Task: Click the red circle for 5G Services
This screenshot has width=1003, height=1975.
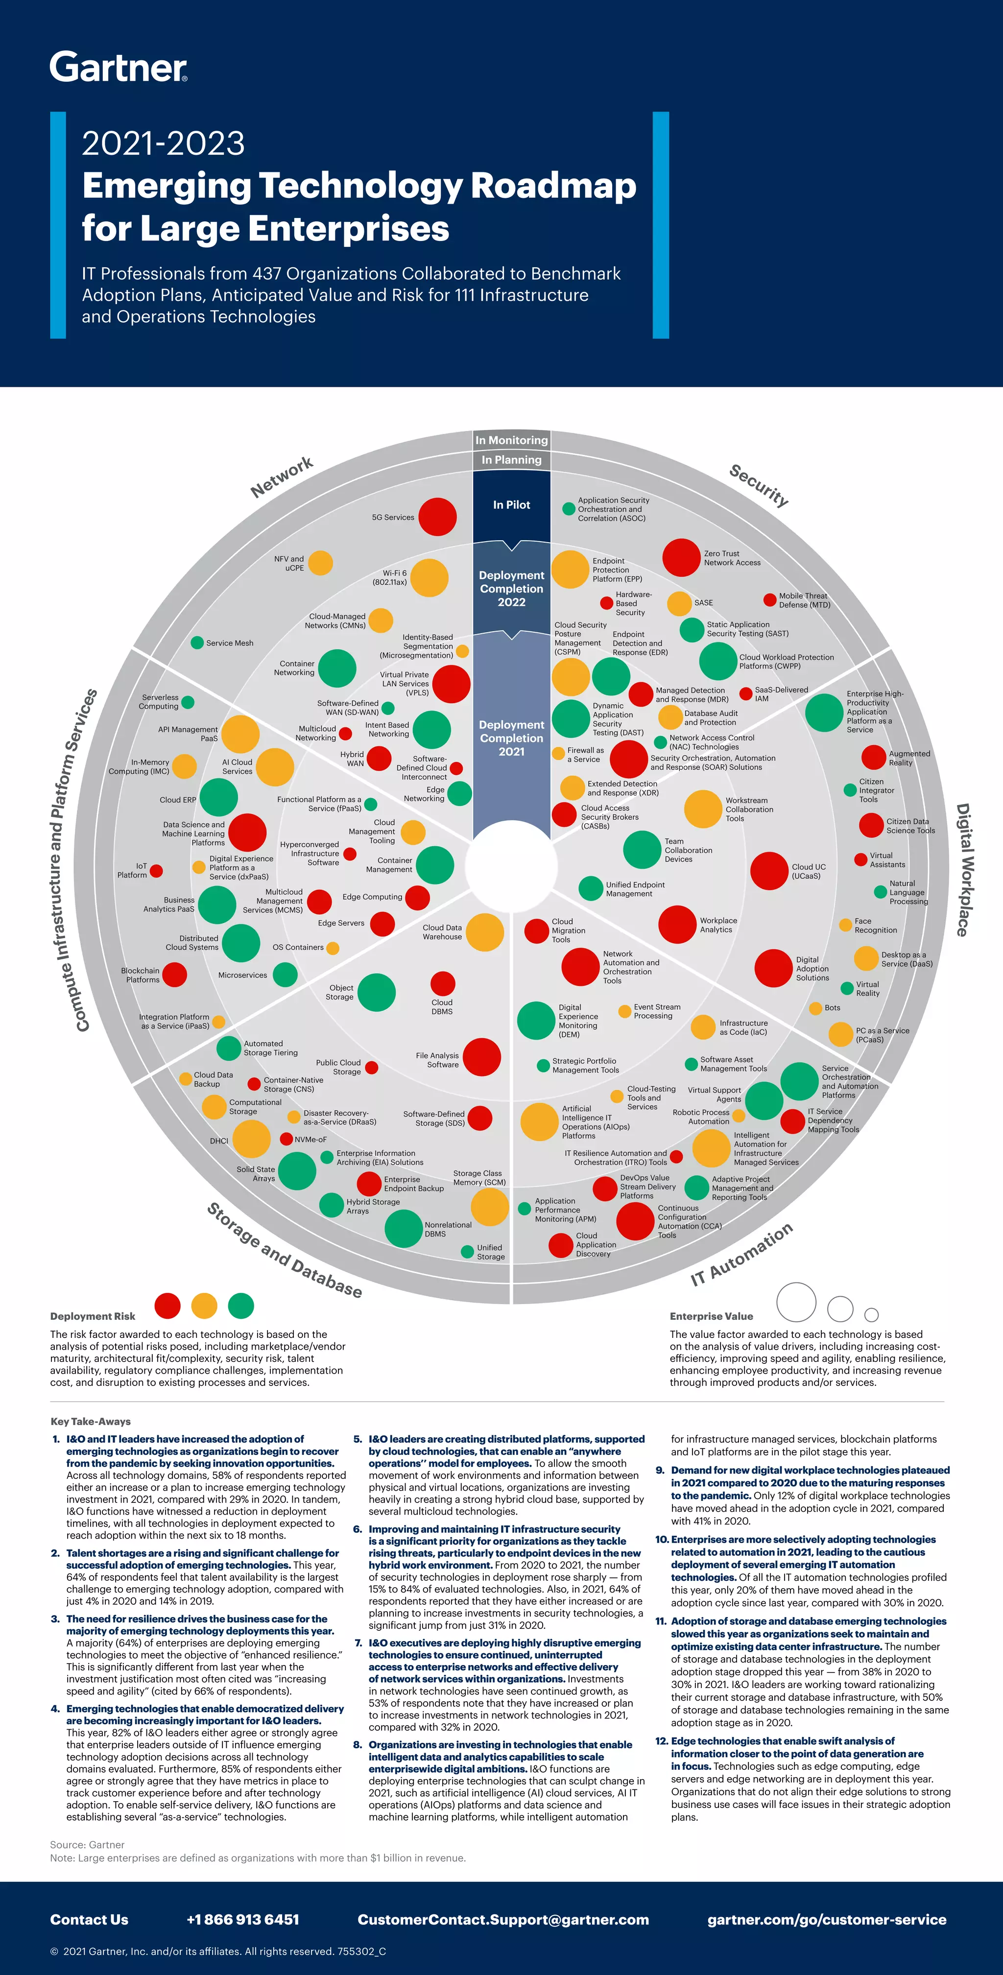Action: coord(437,517)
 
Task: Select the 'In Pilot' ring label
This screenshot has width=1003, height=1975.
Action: coord(511,504)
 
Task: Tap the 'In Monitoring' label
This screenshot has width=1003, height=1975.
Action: coord(511,440)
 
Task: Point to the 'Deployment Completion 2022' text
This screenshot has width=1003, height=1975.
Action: coord(511,589)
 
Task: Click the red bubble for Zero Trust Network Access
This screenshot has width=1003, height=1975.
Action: coord(681,557)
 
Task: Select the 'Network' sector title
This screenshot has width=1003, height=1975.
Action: coord(282,477)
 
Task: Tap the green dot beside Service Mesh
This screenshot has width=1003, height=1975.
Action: coord(197,642)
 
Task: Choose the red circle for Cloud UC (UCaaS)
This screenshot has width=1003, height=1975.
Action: coord(769,871)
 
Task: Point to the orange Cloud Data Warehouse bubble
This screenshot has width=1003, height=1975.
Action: coord(485,932)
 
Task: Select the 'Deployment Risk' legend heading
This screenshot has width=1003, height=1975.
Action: coord(93,1316)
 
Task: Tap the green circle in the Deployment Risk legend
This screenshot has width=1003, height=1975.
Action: coord(241,1306)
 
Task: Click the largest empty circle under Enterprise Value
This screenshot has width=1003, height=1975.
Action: coord(796,1302)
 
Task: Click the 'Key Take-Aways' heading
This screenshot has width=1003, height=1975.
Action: coord(91,1422)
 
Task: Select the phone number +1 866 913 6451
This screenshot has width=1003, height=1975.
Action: coord(242,1920)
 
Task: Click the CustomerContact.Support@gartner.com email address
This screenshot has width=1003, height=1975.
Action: coord(503,1920)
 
